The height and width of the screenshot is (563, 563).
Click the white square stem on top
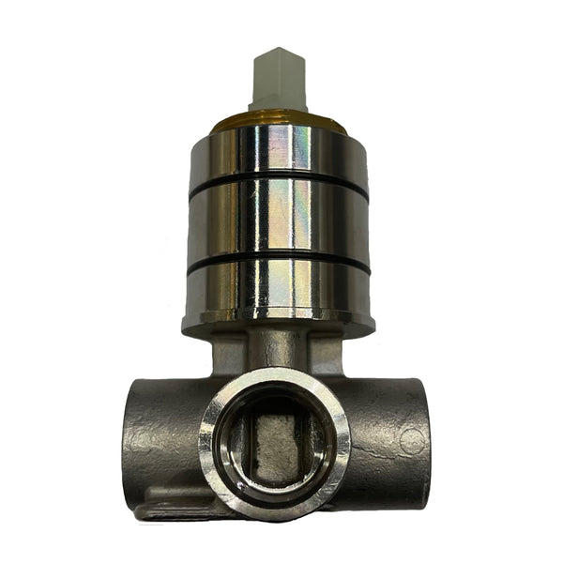click(278, 83)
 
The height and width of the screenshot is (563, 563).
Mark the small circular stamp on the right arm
click(410, 440)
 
